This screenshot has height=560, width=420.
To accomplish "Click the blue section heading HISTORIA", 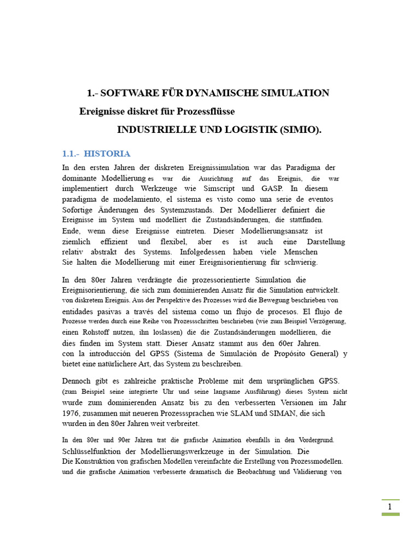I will [x=107, y=154].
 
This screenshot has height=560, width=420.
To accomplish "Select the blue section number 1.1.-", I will [x=71, y=154].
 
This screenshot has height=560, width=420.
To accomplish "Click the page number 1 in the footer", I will [x=390, y=507].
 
